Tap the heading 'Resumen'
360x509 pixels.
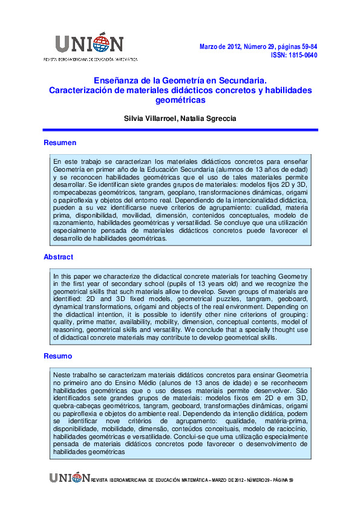pos(60,143)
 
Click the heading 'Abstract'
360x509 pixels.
pos(59,257)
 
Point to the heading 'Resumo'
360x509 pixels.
pos(58,356)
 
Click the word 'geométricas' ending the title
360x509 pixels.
pos(180,100)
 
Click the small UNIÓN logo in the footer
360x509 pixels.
pos(70,478)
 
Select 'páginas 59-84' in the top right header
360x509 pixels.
pos(295,46)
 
